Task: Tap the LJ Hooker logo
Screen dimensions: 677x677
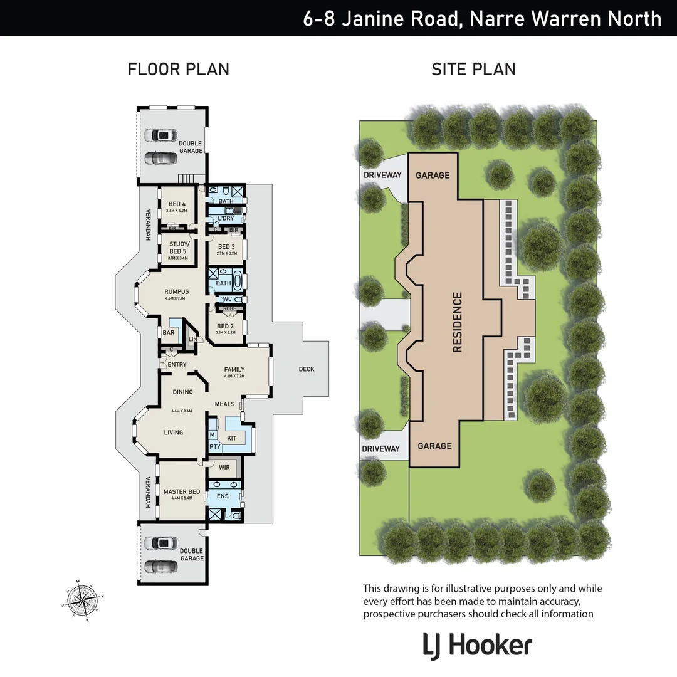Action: pos(478,646)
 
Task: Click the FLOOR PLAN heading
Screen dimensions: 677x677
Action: pos(178,69)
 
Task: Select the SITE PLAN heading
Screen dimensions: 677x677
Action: pos(473,69)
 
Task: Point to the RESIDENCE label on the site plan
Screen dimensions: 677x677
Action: pos(457,322)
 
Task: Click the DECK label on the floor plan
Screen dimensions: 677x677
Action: pos(307,369)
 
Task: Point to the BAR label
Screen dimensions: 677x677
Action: pos(168,333)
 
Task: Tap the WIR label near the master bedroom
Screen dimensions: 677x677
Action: pos(224,467)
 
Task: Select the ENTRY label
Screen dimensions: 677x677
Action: pos(177,364)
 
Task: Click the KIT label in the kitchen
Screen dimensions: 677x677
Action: pos(231,438)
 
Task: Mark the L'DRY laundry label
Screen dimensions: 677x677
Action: pos(225,218)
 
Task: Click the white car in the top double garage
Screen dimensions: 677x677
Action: pos(160,135)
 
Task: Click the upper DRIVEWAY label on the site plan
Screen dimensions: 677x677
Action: pos(382,175)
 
